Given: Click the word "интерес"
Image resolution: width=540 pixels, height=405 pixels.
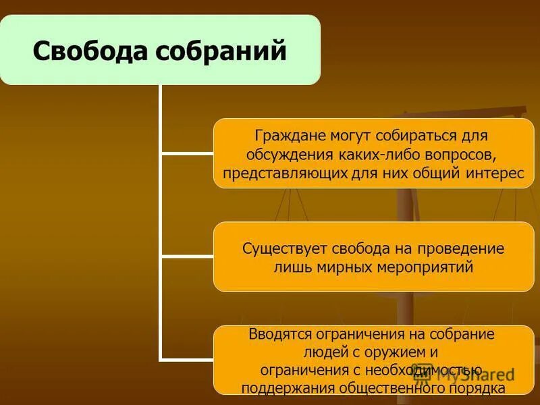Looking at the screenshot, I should (x=495, y=173).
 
